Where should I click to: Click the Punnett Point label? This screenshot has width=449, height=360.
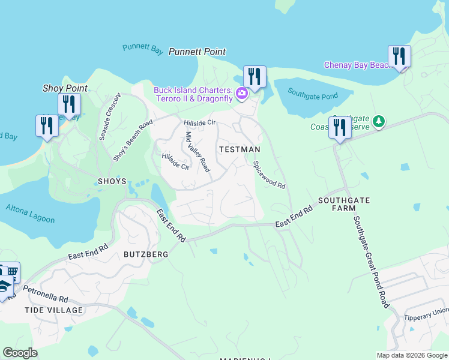point(197,52)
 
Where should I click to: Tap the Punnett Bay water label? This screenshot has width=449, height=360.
point(142,49)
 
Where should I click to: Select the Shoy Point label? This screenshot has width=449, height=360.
point(65,88)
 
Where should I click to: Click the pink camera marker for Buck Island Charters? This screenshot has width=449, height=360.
point(241,93)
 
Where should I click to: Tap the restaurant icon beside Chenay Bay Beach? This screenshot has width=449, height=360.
point(399,57)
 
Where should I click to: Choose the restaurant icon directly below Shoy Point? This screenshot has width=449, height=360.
point(69,104)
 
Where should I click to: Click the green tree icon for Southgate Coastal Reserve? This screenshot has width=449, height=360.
point(378,122)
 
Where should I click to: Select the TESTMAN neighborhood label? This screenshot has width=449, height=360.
point(240,149)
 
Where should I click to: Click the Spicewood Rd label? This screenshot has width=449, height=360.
point(269,175)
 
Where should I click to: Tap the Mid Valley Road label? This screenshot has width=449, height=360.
point(197,152)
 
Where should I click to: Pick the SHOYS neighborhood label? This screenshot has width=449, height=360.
point(112,181)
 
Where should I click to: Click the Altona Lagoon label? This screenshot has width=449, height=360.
point(30,213)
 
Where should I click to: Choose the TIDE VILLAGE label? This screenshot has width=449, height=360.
point(53,310)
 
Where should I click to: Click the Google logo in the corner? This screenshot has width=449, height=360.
point(20,353)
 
